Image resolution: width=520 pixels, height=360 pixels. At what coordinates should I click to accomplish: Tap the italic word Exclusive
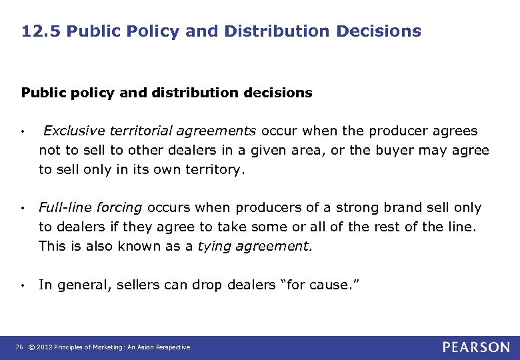pos(70,131)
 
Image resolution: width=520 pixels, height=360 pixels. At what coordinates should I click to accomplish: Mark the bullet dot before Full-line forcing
pos(23,209)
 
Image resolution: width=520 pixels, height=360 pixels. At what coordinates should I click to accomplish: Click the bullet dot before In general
pos(23,286)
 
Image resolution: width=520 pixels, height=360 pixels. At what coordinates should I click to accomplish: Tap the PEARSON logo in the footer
pos(475,347)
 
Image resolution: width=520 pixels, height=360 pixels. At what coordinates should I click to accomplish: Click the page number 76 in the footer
pos(18,347)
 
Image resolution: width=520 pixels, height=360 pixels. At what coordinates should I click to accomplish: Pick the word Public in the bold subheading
pos(41,93)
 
